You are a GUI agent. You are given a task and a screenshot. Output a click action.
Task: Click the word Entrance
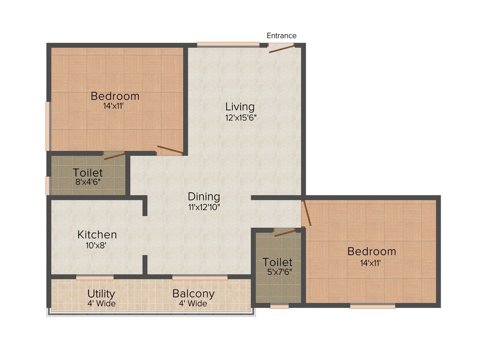coord(281,36)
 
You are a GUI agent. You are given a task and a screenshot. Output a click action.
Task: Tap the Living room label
coord(240,107)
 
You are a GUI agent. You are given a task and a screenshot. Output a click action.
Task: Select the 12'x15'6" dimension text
coord(241,118)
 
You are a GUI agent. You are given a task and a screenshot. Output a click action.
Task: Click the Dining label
coord(204,196)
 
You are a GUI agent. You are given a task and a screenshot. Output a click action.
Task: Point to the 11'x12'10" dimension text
coord(204,207)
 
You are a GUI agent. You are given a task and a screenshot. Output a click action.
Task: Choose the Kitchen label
coord(97,234)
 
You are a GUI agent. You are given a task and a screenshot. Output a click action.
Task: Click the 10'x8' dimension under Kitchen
coord(97,245)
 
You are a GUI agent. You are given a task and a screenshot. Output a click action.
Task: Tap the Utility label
coord(101,294)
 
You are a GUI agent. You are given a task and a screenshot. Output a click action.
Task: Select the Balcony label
coord(194,294)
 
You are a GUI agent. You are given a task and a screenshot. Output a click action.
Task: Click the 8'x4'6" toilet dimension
coord(88,183)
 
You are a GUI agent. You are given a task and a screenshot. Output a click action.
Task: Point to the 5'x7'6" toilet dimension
coord(277,272)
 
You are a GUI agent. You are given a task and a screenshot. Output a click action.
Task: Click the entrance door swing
coord(281,48)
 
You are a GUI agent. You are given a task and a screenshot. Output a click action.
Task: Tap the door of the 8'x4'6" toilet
coord(114,156)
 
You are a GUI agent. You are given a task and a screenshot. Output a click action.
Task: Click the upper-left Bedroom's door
coord(170,150)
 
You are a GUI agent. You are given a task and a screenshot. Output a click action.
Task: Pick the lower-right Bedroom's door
coord(306,213)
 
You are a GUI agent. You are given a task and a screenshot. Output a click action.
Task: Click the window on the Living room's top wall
coord(228,45)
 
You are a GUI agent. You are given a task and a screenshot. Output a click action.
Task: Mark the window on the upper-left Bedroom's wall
coord(48,126)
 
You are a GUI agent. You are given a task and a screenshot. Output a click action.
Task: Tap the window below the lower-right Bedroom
coord(372,307)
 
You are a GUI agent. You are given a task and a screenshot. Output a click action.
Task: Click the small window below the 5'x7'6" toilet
coord(279,307)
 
